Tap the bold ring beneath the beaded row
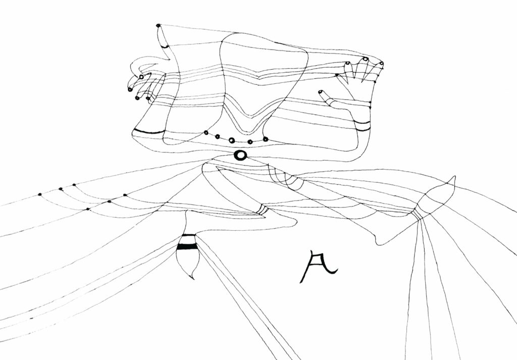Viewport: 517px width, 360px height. (x=241, y=155)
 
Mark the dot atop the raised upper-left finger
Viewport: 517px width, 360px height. (x=159, y=25)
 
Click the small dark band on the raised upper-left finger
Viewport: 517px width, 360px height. (x=165, y=45)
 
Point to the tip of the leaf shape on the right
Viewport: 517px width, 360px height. (x=453, y=177)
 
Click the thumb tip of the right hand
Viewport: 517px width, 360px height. (x=321, y=92)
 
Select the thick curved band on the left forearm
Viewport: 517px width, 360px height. (x=148, y=132)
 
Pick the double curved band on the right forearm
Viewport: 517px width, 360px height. (x=361, y=125)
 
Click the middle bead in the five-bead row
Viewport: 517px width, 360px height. (x=232, y=140)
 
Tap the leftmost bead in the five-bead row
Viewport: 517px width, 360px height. (x=205, y=133)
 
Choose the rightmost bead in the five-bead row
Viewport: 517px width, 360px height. (x=266, y=139)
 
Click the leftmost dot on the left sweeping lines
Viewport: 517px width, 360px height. (x=40, y=194)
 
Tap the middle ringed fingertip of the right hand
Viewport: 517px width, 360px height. (x=365, y=60)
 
